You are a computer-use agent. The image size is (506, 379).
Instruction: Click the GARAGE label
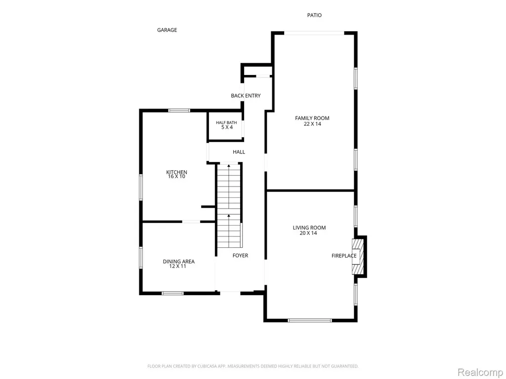[167, 30]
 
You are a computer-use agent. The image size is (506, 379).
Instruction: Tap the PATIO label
[314, 15]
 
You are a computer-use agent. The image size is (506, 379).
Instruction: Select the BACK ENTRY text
[246, 96]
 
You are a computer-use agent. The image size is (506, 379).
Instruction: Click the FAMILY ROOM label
[312, 118]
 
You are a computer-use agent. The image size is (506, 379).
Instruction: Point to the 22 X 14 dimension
[312, 124]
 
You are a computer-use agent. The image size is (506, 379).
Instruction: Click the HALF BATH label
[226, 122]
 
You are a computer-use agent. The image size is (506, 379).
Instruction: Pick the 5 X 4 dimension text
[227, 127]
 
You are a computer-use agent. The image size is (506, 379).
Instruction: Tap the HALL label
[239, 152]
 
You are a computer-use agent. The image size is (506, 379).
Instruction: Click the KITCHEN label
[176, 172]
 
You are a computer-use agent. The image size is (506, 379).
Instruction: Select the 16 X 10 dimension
[176, 177]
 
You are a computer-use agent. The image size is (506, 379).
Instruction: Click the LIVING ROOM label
[309, 228]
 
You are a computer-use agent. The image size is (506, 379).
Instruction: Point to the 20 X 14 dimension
[308, 233]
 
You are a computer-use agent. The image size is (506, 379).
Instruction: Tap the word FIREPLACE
[344, 256]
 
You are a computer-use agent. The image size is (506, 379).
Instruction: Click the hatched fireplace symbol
[358, 257]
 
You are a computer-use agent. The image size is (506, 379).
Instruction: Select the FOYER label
[241, 256]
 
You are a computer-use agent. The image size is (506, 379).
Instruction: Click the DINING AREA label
[178, 262]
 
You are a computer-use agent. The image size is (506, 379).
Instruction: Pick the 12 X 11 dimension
[178, 266]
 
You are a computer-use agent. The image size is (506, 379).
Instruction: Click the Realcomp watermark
[480, 373]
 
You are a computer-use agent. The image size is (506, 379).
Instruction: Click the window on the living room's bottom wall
[310, 320]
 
